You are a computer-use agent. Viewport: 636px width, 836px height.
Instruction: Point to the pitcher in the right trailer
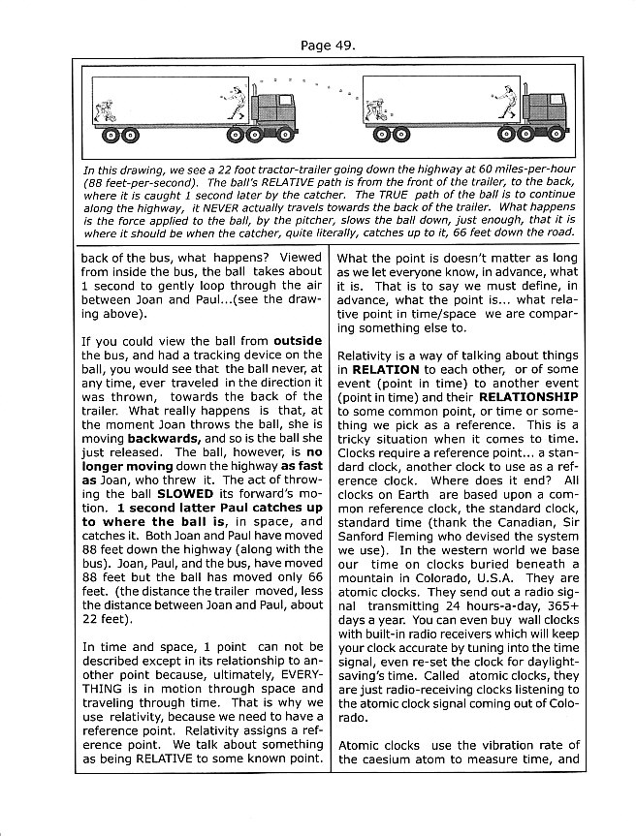(501, 103)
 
